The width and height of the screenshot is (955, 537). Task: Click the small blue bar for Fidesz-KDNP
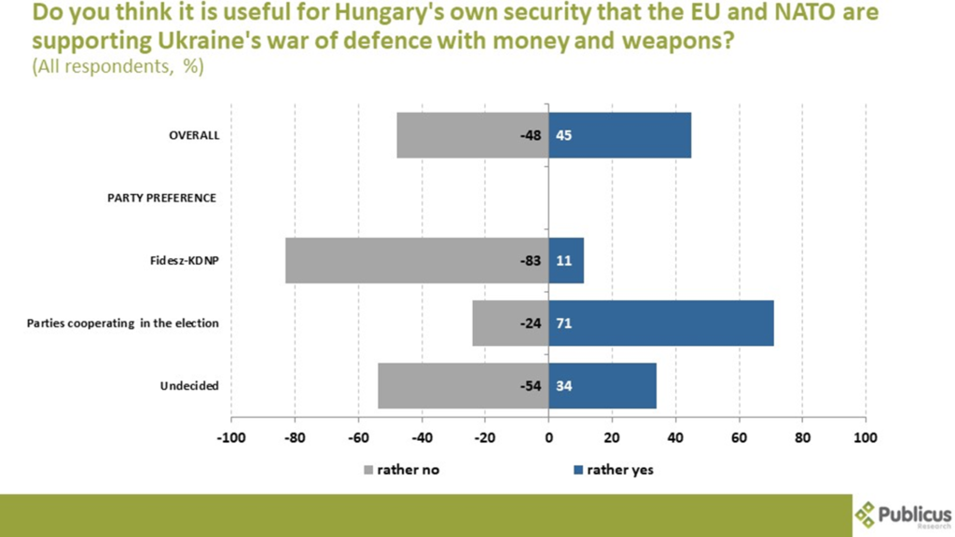[566, 260]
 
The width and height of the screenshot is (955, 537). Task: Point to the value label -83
[531, 261]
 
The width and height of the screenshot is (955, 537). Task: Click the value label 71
[563, 324]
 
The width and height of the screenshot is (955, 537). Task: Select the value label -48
[531, 136]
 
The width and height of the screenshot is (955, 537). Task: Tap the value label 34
[563, 386]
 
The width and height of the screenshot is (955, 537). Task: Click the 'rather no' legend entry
[401, 470]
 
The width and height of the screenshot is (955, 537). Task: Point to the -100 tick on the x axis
[230, 437]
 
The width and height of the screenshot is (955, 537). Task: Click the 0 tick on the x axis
[548, 437]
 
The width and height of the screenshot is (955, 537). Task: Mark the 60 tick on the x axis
[739, 437]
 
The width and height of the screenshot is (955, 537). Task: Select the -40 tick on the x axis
[422, 437]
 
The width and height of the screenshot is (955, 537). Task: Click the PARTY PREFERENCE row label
[161, 198]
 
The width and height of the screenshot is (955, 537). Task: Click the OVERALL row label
[194, 135]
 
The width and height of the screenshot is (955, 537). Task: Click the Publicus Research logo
[903, 515]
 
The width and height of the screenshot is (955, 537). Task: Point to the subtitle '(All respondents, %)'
[118, 67]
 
